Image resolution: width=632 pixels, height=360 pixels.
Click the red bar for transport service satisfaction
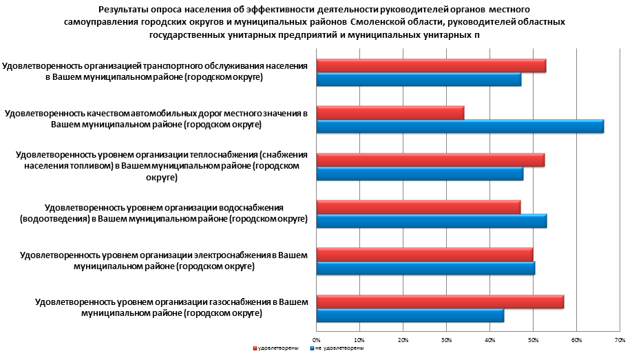coord(431,66)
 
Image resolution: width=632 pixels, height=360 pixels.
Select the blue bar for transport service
coord(419,80)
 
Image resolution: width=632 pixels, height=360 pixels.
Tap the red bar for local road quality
coord(390,113)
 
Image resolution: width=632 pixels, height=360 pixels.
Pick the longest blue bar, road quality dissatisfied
coord(460,127)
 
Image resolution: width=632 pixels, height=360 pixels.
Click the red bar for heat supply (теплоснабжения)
coord(430,160)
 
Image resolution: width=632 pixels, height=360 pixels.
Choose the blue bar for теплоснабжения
coord(420,174)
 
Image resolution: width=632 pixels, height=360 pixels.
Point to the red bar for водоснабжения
coord(419,207)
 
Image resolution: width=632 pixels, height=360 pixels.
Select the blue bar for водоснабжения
coord(432,221)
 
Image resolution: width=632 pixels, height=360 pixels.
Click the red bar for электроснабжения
coord(425,255)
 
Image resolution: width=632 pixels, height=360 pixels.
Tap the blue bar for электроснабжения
coord(425,268)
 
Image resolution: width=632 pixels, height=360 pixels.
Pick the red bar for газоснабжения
coord(440,302)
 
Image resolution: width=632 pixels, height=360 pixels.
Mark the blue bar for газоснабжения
coord(410,316)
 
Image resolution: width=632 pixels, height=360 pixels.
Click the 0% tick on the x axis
coord(317,340)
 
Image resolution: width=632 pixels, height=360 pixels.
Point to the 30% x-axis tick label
coord(447,340)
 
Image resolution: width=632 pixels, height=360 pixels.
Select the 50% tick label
coord(534,340)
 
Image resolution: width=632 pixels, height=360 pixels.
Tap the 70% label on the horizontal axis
coord(620,340)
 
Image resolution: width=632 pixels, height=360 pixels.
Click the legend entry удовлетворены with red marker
coord(277,349)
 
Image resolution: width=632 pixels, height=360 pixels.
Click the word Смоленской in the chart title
coord(378,22)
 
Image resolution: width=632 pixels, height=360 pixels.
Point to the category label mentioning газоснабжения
coord(171,307)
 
